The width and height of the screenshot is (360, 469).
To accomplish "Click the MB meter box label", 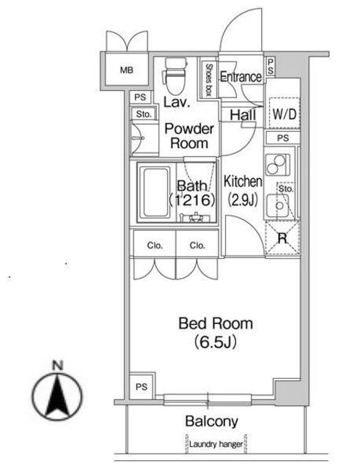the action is (x=126, y=70).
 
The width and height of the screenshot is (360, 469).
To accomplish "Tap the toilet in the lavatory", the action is (x=175, y=75).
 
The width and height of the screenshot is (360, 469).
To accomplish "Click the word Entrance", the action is (x=240, y=77).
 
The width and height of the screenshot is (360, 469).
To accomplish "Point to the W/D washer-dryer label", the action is (x=284, y=114).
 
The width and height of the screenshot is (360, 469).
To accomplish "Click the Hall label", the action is (x=243, y=114).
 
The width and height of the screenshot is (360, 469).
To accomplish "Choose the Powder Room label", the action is (x=189, y=136).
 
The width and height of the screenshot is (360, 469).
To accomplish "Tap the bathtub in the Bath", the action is (x=155, y=192).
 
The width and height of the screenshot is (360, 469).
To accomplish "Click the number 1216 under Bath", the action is (x=191, y=200).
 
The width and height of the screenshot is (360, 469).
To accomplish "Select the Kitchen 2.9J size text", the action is (x=243, y=200).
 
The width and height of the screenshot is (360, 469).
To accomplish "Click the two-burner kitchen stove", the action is (x=277, y=165).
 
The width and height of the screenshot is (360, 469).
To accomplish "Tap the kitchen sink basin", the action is (x=278, y=206).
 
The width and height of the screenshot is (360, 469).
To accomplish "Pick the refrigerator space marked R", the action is (x=282, y=238).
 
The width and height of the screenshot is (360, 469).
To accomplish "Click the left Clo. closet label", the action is (x=155, y=245).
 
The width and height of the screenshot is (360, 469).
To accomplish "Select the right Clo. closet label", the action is (x=197, y=245).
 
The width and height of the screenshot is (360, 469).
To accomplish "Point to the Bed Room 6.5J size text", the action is (x=216, y=342).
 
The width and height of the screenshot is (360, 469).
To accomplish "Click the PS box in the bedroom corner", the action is (x=142, y=386).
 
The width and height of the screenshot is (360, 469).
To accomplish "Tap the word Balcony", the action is (x=212, y=421).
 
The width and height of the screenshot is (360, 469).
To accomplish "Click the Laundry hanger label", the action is (x=216, y=444).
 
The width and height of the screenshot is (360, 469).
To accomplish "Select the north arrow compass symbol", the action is (x=57, y=395).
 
